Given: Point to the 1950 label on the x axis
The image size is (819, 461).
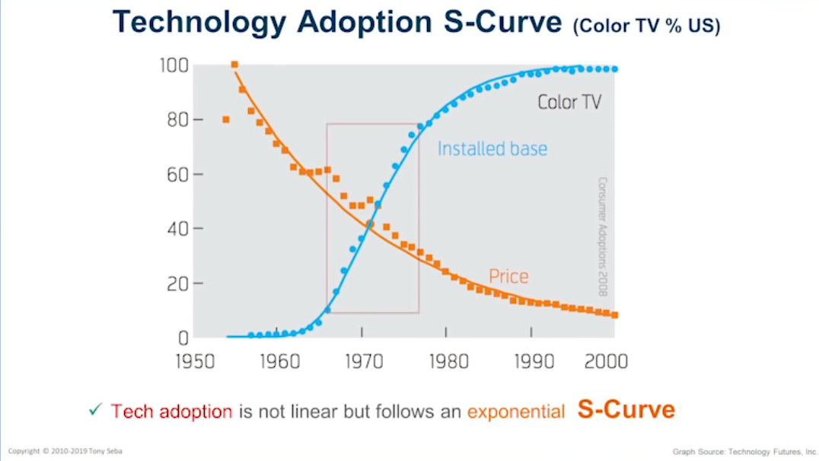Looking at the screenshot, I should click(195, 360).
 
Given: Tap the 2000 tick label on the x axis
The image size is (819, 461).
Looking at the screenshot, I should click(606, 360).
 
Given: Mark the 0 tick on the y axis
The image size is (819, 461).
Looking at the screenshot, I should click(183, 338).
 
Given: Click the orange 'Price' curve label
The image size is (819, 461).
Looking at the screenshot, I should click(508, 276).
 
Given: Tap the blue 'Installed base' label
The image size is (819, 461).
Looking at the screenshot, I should click(492, 149).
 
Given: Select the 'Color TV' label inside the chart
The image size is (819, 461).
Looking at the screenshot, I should click(569, 102).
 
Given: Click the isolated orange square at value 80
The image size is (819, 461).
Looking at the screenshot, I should click(226, 120).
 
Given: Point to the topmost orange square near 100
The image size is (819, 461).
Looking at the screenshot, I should click(234, 65).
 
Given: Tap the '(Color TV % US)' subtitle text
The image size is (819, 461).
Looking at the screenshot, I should click(646, 26).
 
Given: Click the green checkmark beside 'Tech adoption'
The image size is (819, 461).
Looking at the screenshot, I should click(95, 410).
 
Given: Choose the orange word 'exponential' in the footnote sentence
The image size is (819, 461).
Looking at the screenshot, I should click(515, 412).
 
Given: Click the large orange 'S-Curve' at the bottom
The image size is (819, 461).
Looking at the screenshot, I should click(626, 409).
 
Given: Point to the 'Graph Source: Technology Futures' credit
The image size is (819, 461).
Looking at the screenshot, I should click(744, 452).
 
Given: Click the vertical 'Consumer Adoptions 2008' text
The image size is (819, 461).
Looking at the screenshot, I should click(602, 237).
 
